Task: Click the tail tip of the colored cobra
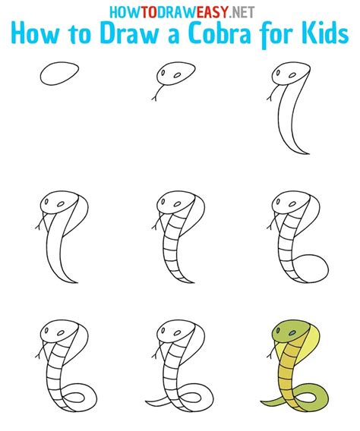[266, 400]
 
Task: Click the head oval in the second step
[172, 75]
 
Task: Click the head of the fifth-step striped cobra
[170, 205]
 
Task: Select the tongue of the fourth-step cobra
[39, 225]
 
